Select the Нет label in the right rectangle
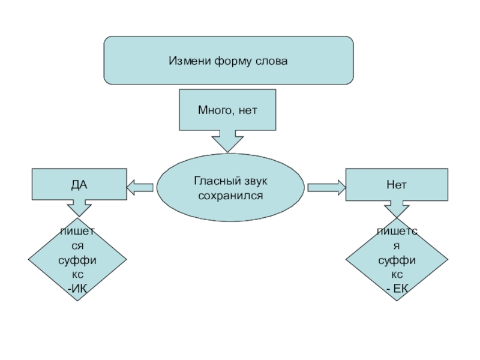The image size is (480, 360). (396, 185)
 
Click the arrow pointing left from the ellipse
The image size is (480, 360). (140, 187)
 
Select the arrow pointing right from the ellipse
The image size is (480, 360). (326, 188)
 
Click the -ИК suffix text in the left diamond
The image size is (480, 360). (78, 289)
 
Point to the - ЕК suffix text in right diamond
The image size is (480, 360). (397, 289)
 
